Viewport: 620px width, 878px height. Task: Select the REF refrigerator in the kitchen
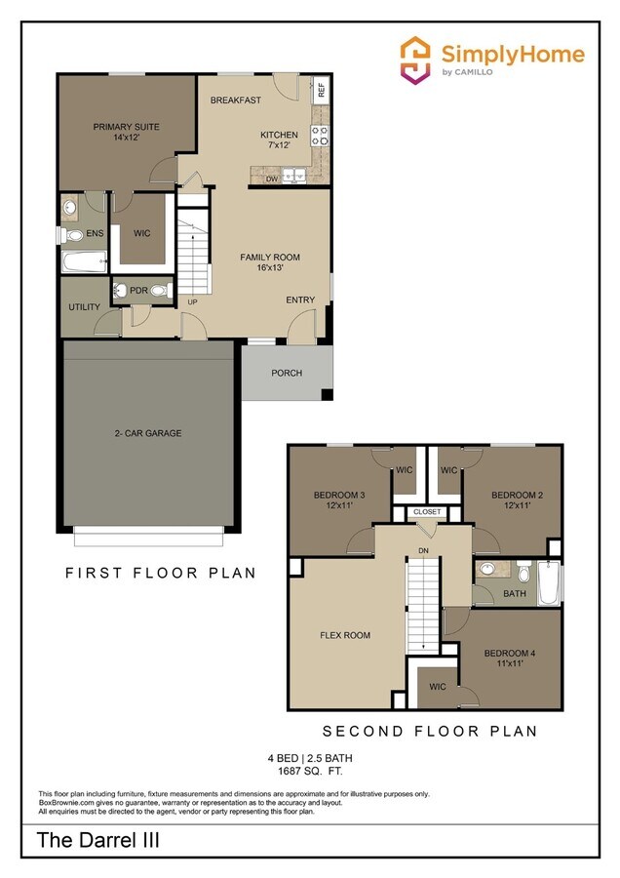[x=320, y=91]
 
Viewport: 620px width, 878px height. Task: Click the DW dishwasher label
[x=272, y=180]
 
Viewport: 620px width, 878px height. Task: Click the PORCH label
[x=287, y=373]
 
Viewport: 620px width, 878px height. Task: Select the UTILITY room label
[x=83, y=307]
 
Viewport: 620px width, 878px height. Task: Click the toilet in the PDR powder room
[x=161, y=290]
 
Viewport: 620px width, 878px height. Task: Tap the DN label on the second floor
[x=423, y=551]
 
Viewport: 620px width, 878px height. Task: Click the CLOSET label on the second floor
[x=427, y=511]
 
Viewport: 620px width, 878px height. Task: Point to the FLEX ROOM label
[x=345, y=635]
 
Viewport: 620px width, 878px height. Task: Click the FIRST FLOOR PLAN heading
[x=161, y=573]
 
